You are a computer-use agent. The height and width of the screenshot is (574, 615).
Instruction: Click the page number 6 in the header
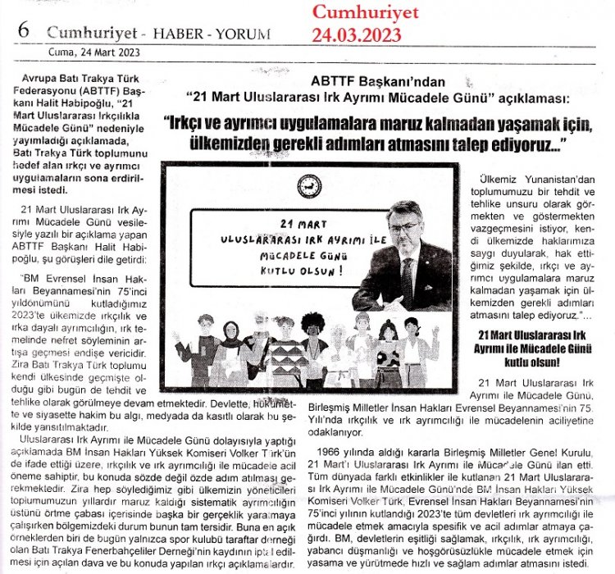coord(23,29)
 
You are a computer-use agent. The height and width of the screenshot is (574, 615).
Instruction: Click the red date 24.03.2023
coord(356,34)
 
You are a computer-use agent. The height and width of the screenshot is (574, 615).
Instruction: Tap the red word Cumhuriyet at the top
coord(364,12)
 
